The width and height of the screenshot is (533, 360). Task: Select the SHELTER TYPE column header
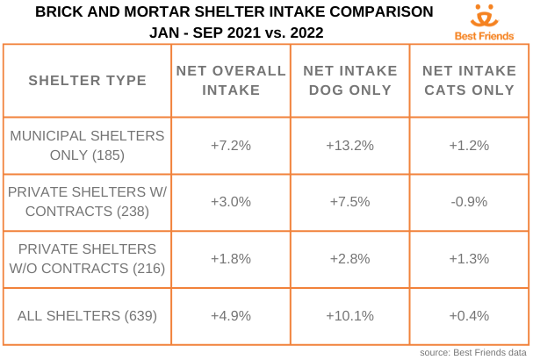(87, 81)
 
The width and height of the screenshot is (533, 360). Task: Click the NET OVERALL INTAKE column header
(231, 80)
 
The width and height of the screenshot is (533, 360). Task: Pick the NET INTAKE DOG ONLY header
(349, 80)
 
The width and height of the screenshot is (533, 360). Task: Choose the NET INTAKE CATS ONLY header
(468, 80)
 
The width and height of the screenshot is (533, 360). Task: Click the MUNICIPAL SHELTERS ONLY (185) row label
(87, 146)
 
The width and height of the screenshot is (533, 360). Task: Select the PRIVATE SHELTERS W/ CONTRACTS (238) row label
(87, 201)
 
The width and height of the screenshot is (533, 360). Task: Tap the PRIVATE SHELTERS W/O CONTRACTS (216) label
(87, 257)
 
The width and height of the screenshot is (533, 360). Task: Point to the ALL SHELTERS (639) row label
(87, 314)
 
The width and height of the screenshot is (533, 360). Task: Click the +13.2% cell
(349, 146)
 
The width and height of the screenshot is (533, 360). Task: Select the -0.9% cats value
(468, 201)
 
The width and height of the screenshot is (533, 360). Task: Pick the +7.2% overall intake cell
(231, 146)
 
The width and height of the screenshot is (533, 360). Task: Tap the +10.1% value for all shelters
(349, 314)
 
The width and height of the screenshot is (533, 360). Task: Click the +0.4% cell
(468, 314)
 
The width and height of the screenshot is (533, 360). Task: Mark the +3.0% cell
(231, 201)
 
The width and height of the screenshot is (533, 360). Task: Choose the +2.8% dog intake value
(349, 257)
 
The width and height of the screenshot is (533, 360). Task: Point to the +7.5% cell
(349, 201)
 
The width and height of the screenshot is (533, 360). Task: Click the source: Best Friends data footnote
(474, 352)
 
